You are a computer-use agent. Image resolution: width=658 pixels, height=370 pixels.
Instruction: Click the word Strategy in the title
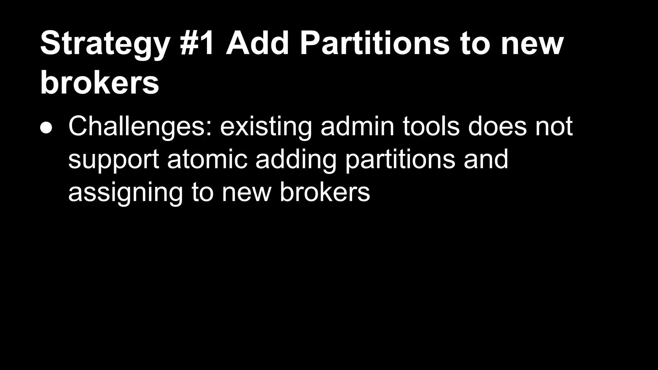pyautogui.click(x=105, y=44)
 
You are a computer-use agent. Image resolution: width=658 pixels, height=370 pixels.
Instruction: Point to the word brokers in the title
pyautogui.click(x=100, y=83)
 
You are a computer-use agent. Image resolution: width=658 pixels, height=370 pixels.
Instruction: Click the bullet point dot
pyautogui.click(x=46, y=128)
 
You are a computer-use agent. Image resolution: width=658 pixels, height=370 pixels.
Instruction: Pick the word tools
pyautogui.click(x=431, y=127)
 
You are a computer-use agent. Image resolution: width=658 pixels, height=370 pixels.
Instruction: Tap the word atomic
pyautogui.click(x=207, y=159)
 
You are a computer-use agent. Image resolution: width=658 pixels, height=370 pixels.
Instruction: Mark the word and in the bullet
pyautogui.click(x=486, y=159)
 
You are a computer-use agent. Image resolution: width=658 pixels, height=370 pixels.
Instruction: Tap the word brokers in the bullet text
pyautogui.click(x=325, y=192)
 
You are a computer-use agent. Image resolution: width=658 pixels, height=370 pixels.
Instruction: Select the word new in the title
pyautogui.click(x=532, y=44)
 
